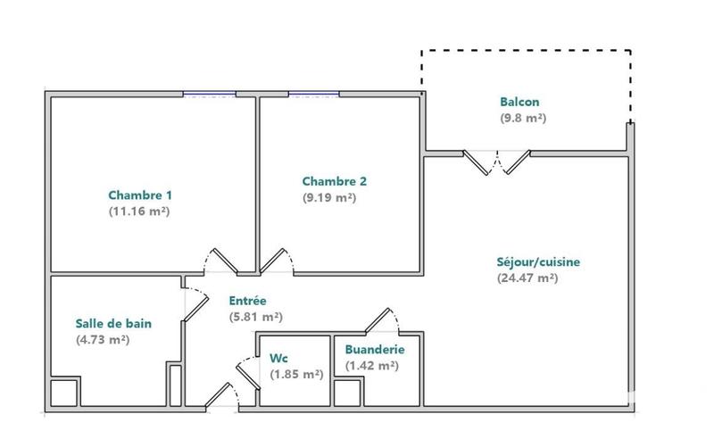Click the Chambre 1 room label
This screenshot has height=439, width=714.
click(140, 195)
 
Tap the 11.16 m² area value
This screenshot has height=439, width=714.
click(139, 212)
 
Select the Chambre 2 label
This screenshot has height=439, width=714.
click(335, 181)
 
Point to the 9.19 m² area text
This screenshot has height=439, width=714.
click(329, 198)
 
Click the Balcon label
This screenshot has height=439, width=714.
click(519, 102)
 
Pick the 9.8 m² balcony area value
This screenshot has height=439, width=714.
click(522, 118)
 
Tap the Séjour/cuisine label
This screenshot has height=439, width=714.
click(538, 262)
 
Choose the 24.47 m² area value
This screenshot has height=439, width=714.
click(527, 278)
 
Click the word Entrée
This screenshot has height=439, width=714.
click(247, 301)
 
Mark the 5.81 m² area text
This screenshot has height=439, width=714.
click(256, 317)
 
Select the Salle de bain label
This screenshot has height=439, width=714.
click(112, 323)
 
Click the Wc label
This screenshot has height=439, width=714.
click(278, 359)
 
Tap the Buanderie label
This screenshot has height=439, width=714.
click(375, 350)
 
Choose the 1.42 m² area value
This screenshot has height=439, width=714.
click(371, 366)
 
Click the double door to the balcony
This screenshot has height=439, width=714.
click(497, 161)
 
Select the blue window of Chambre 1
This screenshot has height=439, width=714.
click(210, 93)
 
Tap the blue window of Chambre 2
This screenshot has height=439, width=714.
click(313, 93)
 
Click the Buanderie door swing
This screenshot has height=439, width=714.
click(386, 319)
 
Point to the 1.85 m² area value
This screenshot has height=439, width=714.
click(296, 375)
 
